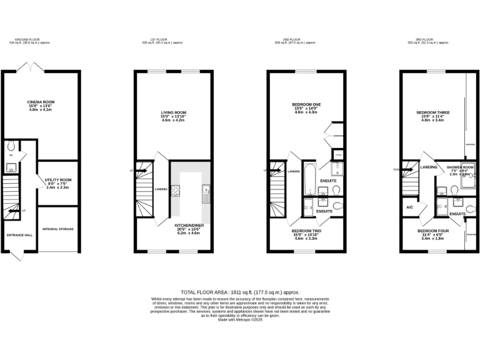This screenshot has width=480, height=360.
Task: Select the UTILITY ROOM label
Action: pos(58,179)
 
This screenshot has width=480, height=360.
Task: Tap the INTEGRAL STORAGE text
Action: pos(58,229)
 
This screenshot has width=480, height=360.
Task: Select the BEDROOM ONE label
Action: pos(306,104)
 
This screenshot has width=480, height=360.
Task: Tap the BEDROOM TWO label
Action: pos(307,231)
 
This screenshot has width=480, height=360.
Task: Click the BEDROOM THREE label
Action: pos(433,112)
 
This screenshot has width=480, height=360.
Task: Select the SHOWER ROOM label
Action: pos(459,167)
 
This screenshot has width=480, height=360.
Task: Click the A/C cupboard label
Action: pos(409,207)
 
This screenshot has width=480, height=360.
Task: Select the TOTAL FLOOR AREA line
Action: pos(240,292)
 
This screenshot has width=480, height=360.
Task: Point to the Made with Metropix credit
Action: pos(240,319)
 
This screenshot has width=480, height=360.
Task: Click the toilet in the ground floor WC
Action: pos(11,147)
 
